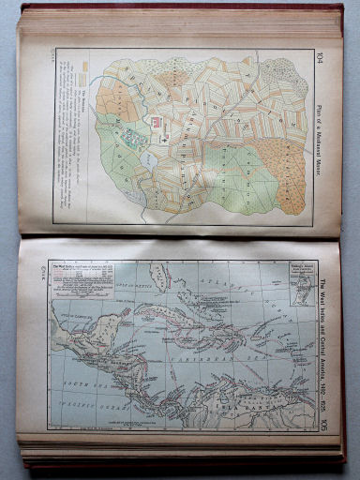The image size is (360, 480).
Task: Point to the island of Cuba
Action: click(178, 314)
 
